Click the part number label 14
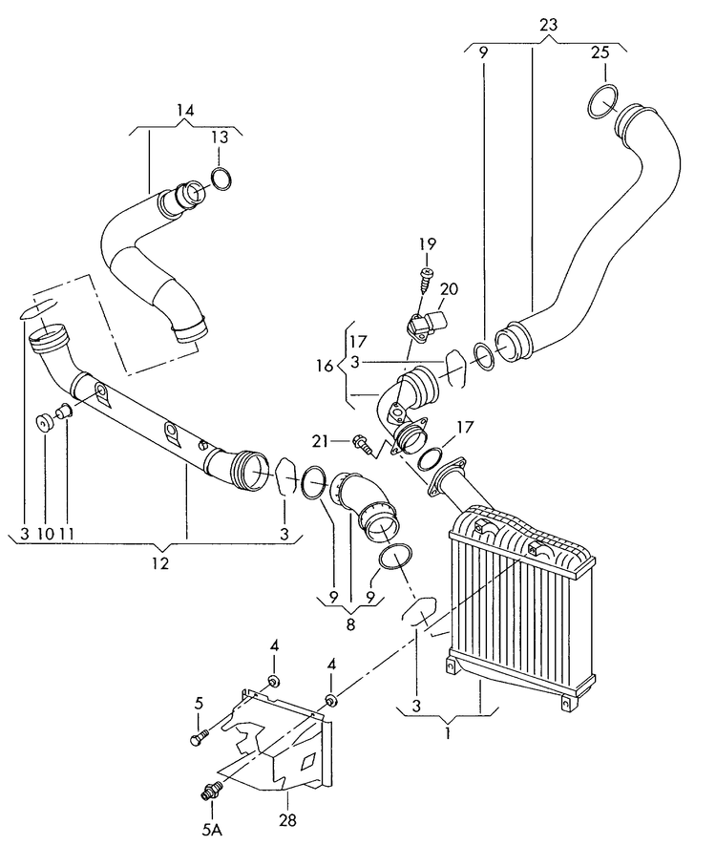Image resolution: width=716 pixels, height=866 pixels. coord(184,112)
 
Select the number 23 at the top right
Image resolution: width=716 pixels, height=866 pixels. coord(547,26)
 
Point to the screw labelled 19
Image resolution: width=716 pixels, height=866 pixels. coord(425,282)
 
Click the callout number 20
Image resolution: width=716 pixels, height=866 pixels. coord(450,289)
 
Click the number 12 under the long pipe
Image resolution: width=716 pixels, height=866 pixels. coord(159,563)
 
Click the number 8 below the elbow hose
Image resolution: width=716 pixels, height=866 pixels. coord(349,625)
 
